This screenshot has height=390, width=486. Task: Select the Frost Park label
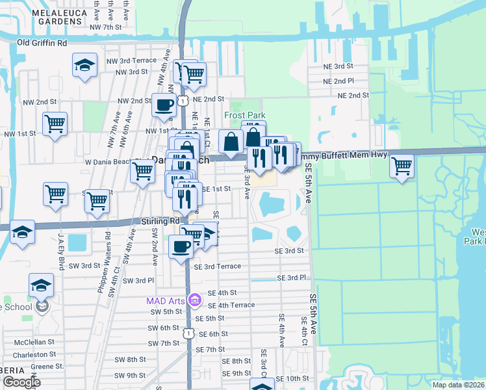(x=245, y=115)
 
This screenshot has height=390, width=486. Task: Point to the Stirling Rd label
(x=160, y=221)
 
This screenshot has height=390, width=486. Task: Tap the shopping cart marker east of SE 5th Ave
(x=402, y=166)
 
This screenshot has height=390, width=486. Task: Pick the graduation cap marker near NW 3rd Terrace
(x=84, y=65)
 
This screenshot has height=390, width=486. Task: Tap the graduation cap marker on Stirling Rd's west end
(x=22, y=232)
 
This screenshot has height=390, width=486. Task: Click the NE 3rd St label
(x=338, y=66)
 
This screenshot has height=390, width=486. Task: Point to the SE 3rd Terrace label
(x=217, y=266)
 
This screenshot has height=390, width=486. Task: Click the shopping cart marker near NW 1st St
(x=55, y=123)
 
